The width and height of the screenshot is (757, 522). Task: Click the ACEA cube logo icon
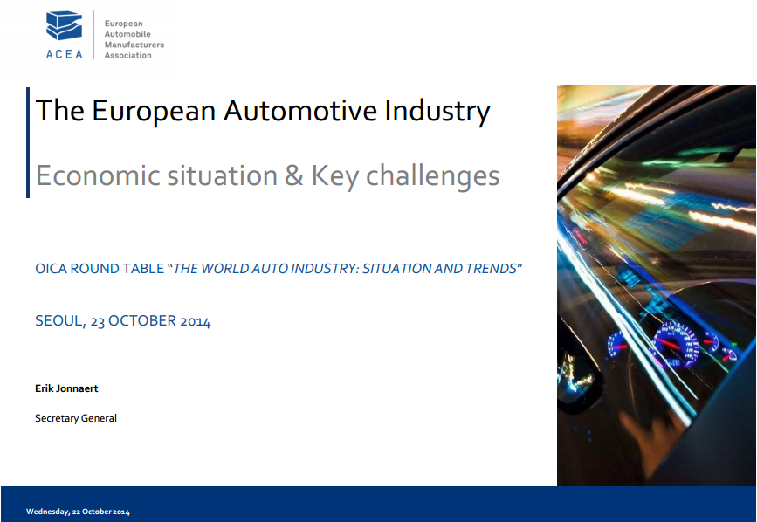pos(65,25)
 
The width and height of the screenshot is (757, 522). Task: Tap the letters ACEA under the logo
pos(65,54)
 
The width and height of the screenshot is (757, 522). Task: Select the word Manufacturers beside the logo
pos(134,45)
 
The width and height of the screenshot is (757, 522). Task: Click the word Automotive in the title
pos(299,111)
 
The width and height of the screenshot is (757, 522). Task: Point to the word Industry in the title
pos(437,112)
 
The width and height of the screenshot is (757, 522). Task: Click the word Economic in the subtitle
pos(98,175)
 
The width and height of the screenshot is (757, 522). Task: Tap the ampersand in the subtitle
pos(294,175)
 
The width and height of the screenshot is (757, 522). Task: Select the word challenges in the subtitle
pos(432,176)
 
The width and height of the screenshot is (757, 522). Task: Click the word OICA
pos(52,269)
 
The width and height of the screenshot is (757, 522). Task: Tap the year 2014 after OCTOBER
pos(195,321)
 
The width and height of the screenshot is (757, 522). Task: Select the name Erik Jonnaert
pos(66,388)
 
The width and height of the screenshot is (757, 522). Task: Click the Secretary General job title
pos(76,418)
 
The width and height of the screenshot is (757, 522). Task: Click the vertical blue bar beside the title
pos(28,142)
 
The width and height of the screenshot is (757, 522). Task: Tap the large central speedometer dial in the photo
pos(676,342)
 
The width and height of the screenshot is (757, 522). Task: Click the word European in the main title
pos(154,112)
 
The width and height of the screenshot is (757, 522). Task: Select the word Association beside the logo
pos(128,56)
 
